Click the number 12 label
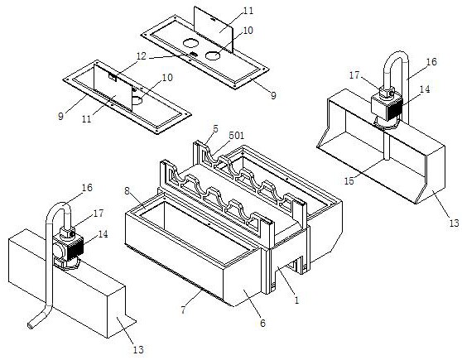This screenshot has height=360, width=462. (x=141, y=56)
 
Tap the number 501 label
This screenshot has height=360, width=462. (x=237, y=136)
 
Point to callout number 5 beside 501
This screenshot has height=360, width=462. (x=215, y=129)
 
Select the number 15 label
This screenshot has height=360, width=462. (x=349, y=181)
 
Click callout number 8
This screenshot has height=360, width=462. (x=127, y=191)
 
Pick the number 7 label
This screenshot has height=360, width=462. (x=183, y=310)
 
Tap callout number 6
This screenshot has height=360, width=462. (x=262, y=324)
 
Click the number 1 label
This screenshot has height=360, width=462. (x=296, y=300)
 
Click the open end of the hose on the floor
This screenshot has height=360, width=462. (x=30, y=326)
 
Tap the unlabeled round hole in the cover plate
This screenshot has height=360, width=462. (x=190, y=44)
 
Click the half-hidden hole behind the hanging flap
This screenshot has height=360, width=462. (x=137, y=100)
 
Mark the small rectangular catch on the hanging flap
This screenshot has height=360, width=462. (x=113, y=77)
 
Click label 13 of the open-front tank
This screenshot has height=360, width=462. (x=454, y=223)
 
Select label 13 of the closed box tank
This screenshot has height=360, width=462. (x=138, y=350)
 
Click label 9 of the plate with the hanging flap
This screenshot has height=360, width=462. (x=60, y=117)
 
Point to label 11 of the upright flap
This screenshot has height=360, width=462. (x=248, y=11)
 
